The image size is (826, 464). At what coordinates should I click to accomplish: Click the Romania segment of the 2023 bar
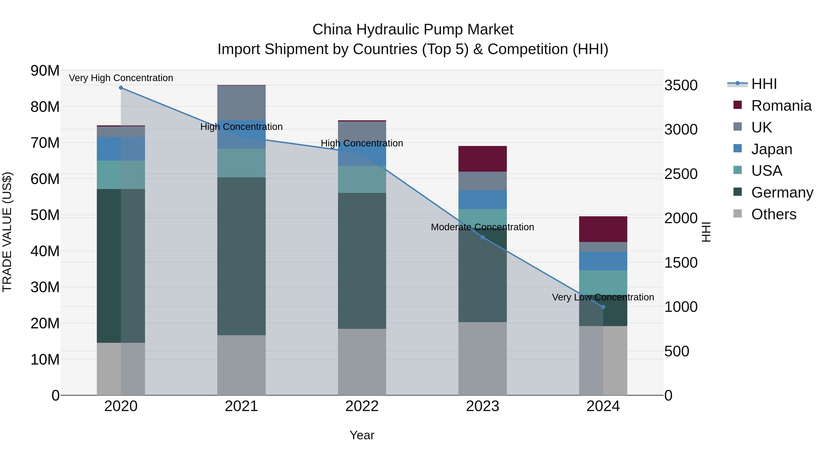(482, 159)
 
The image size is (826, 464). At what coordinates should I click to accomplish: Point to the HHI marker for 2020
(121, 88)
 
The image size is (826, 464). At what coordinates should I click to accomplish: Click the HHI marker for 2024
(603, 307)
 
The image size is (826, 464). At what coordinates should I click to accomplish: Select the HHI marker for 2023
(483, 237)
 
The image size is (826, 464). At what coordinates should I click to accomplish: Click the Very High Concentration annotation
(121, 78)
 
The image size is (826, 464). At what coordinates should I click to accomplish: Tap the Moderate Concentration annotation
(482, 227)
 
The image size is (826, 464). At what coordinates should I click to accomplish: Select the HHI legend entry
(764, 84)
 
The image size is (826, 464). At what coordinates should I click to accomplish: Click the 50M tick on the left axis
(45, 215)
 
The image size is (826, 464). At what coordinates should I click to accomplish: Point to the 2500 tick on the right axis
(681, 174)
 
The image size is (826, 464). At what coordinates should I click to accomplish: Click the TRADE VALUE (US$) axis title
(7, 232)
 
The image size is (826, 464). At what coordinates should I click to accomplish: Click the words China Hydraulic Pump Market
(413, 30)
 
